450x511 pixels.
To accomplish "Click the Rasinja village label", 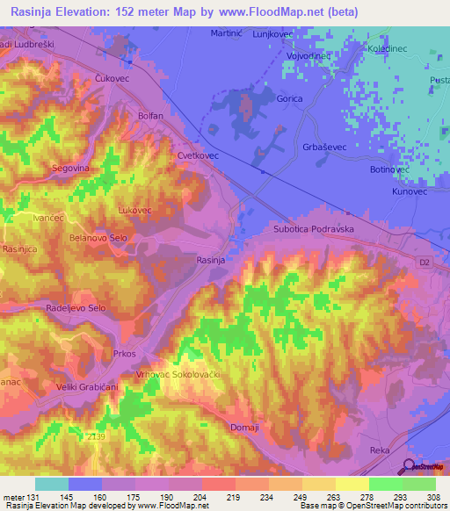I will pos(211,259).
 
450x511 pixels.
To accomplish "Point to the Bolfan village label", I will pos(151,116).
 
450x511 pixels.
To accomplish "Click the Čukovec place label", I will pos(112,78).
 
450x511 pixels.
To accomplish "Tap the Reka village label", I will pos(380,450).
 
